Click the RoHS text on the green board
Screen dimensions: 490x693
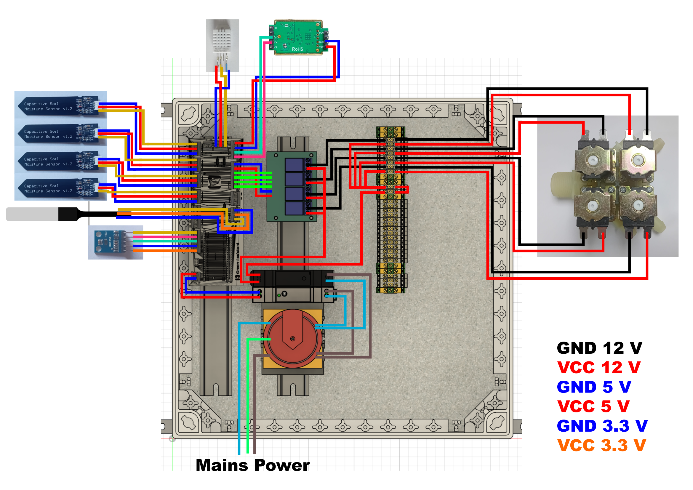(297, 49)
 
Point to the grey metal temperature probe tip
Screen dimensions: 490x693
(32, 214)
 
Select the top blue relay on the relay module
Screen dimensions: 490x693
(294, 165)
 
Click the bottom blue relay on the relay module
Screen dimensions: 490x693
(294, 208)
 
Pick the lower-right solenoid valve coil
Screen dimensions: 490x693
(638, 207)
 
